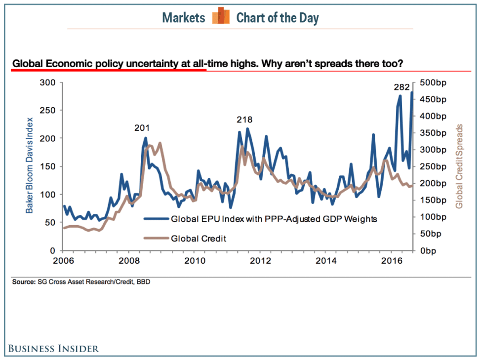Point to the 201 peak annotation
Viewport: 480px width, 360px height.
[x=142, y=128]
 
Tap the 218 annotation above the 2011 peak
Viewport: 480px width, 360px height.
[x=244, y=120]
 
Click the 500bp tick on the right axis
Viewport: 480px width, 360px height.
[x=435, y=82]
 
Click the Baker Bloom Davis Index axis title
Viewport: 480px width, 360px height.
[x=30, y=165]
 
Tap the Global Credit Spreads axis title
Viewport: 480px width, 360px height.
[x=459, y=166]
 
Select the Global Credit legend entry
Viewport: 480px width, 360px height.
[x=198, y=239]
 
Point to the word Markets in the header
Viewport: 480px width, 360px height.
[x=184, y=18]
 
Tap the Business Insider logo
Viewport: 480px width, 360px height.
[x=53, y=349]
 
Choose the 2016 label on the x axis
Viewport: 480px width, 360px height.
[x=391, y=260]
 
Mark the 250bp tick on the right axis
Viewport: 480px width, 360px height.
[x=435, y=166]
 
